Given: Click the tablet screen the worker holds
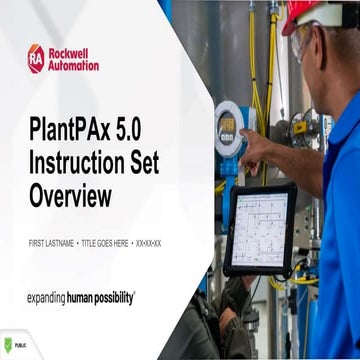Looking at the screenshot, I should (x=259, y=228).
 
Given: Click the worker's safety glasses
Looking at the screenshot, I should (x=301, y=42).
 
